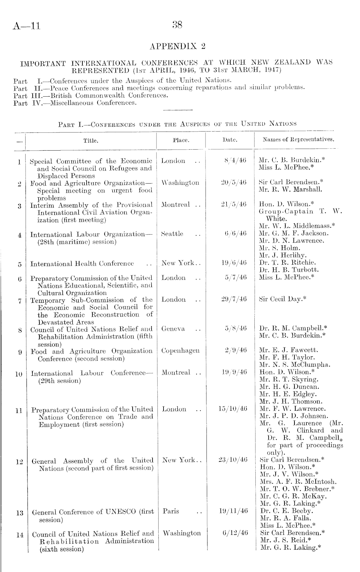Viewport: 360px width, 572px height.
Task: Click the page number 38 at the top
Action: tap(178, 25)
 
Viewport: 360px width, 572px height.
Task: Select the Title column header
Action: tap(91, 141)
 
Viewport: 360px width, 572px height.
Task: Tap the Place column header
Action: tap(181, 140)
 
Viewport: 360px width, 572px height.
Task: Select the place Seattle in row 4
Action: tap(172, 234)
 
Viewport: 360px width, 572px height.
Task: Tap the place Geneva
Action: tap(173, 329)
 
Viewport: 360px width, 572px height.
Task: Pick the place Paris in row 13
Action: tap(171, 511)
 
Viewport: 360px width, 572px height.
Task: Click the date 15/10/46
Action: tap(233, 409)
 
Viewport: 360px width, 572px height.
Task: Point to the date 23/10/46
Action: tap(233, 460)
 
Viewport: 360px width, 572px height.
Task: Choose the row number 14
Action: tap(20, 535)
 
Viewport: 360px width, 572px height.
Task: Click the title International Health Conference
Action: tap(82, 264)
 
